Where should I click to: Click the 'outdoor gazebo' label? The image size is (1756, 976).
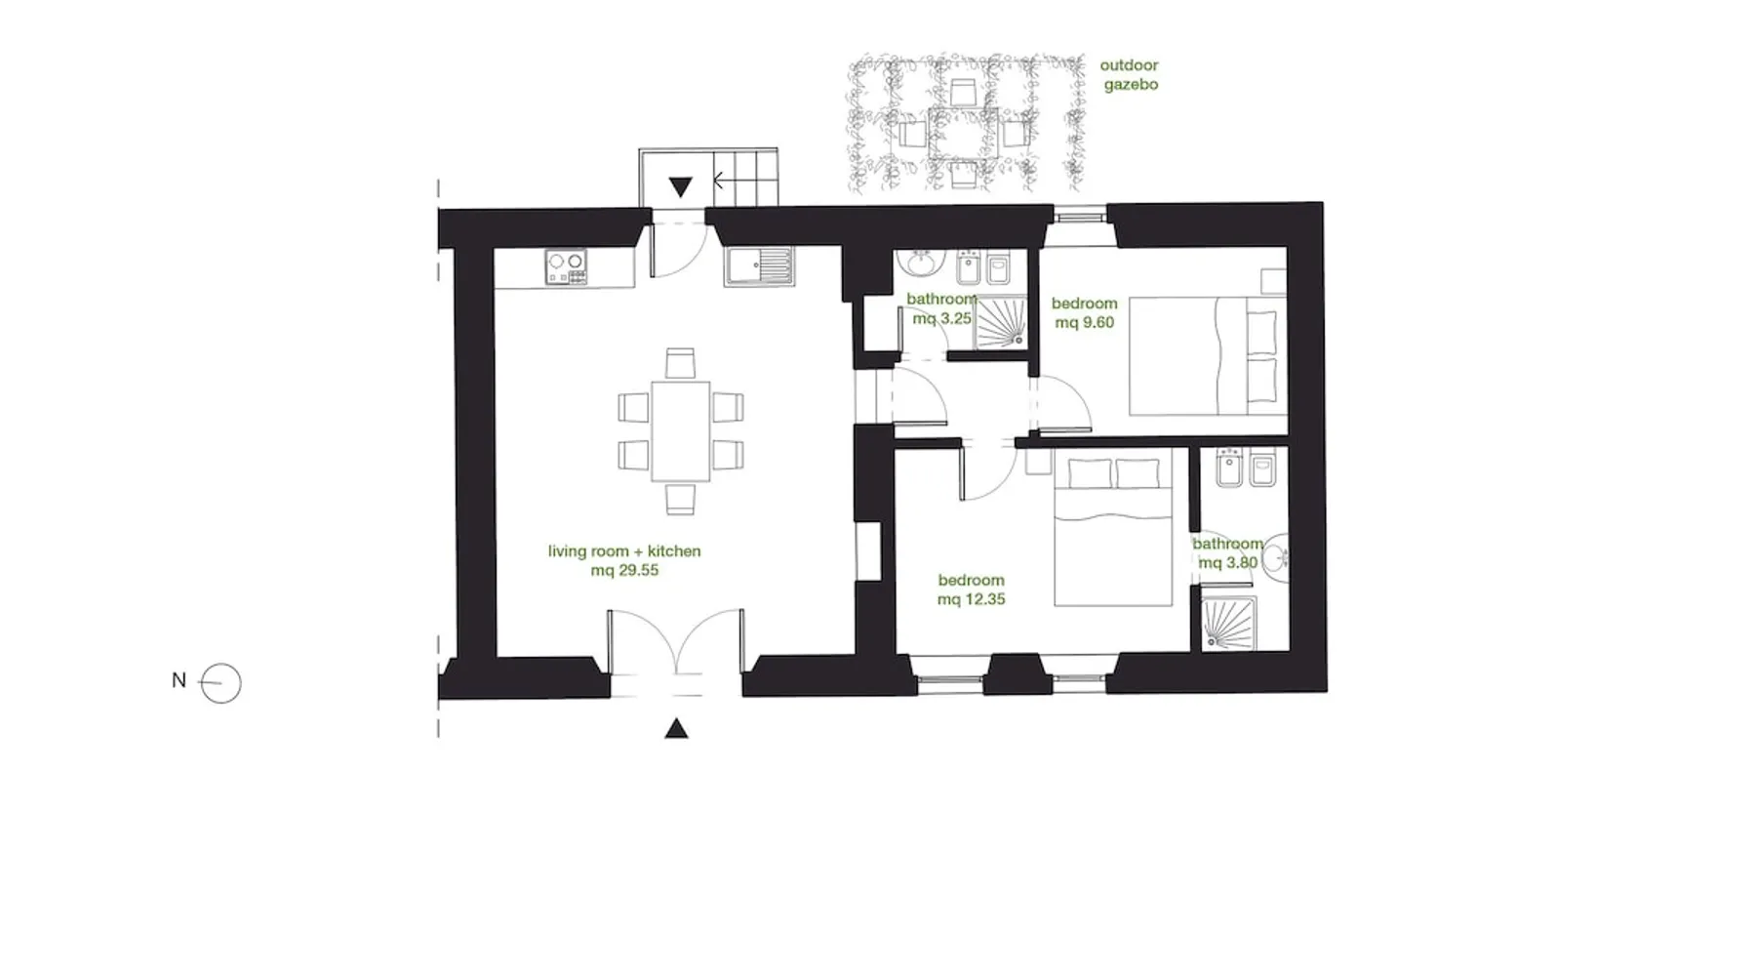[x=1130, y=75]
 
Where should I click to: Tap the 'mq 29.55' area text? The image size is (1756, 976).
[x=624, y=570]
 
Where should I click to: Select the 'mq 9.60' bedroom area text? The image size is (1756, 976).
[x=1085, y=322]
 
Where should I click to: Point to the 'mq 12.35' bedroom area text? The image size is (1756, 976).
[x=971, y=599]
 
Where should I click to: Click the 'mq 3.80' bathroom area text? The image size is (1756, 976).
[x=1228, y=563]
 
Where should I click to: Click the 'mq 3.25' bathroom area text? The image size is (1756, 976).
[x=941, y=318]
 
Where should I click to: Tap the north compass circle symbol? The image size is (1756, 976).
[x=220, y=683]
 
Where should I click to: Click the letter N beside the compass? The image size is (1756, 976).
[x=179, y=680]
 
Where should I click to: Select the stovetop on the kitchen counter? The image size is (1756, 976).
[x=566, y=267]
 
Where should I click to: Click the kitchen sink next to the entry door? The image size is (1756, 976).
[x=760, y=267]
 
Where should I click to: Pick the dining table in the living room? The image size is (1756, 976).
[x=681, y=431]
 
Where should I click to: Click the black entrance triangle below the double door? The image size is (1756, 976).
[x=676, y=728]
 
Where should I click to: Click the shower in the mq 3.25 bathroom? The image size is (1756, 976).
[x=1001, y=322]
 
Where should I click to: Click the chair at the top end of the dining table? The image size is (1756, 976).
[x=681, y=364]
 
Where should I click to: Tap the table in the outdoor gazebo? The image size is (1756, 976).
[x=964, y=134]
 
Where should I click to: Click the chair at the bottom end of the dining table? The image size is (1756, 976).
[x=681, y=499]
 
